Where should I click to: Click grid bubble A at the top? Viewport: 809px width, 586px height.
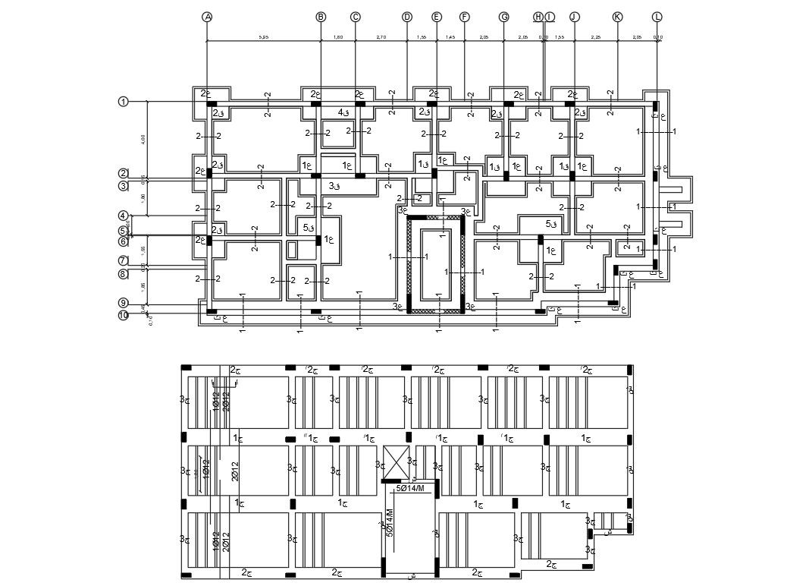[207, 17]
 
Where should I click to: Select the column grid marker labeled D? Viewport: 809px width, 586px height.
[407, 17]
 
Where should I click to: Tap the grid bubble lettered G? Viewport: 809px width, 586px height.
[503, 17]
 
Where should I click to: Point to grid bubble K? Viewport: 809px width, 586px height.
[617, 17]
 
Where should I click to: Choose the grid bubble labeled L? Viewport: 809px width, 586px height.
[657, 17]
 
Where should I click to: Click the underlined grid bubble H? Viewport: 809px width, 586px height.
[538, 17]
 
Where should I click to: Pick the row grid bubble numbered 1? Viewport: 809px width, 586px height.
[124, 101]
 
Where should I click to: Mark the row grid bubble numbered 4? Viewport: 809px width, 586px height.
[124, 216]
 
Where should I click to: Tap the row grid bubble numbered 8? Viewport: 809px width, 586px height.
[124, 274]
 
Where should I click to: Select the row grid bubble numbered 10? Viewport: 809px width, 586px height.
[124, 315]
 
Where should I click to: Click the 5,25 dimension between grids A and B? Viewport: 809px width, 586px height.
[263, 36]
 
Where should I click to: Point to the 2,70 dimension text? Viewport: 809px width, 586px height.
[382, 36]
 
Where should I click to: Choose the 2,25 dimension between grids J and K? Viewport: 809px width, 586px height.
[596, 36]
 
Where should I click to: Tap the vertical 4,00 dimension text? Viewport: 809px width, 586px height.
[143, 139]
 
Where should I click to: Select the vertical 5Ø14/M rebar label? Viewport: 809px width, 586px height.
[390, 522]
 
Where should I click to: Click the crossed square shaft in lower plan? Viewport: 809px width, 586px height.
[395, 462]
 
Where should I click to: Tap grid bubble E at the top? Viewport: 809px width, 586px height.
[436, 17]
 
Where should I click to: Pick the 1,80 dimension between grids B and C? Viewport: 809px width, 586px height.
[338, 36]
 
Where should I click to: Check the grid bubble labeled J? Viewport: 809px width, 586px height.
[574, 17]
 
